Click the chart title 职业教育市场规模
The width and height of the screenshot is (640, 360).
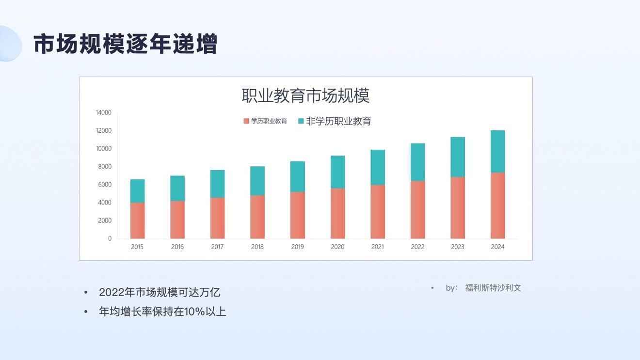click(x=305, y=95)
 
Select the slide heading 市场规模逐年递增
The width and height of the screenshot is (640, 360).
click(x=126, y=44)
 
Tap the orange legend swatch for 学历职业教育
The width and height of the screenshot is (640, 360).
click(x=246, y=121)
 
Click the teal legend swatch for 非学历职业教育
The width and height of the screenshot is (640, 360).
click(x=301, y=121)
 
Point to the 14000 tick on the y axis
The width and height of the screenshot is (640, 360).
click(x=103, y=112)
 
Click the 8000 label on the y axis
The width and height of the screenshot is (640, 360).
click(x=105, y=167)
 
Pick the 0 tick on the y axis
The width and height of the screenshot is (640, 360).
click(x=110, y=238)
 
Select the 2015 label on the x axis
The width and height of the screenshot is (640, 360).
click(x=137, y=247)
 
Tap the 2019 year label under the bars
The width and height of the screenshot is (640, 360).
click(x=297, y=247)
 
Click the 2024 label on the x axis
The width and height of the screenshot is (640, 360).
click(x=498, y=247)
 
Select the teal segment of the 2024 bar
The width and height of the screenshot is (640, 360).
click(x=498, y=152)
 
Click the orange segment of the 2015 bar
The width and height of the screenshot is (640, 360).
click(x=137, y=220)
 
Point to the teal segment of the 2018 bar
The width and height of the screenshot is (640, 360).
click(x=257, y=181)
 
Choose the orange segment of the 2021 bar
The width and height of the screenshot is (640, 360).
click(x=378, y=212)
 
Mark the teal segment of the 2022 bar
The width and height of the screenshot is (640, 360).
click(x=418, y=162)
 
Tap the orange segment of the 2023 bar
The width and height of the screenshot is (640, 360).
click(x=458, y=208)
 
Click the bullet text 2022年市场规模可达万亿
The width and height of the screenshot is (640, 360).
click(x=160, y=292)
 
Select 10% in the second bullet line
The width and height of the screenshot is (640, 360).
click(x=194, y=312)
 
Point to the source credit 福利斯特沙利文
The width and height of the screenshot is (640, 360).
click(x=493, y=288)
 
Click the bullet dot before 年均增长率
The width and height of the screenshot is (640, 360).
click(x=86, y=312)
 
